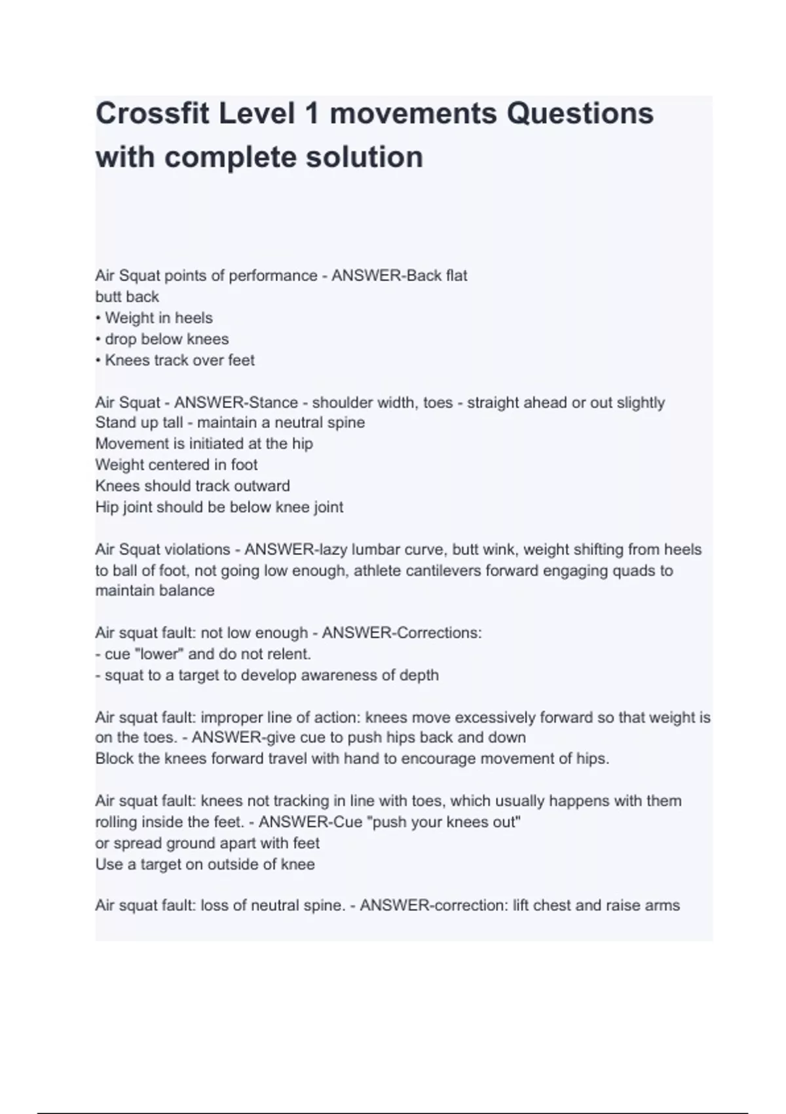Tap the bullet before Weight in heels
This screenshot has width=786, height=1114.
pos(98,318)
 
